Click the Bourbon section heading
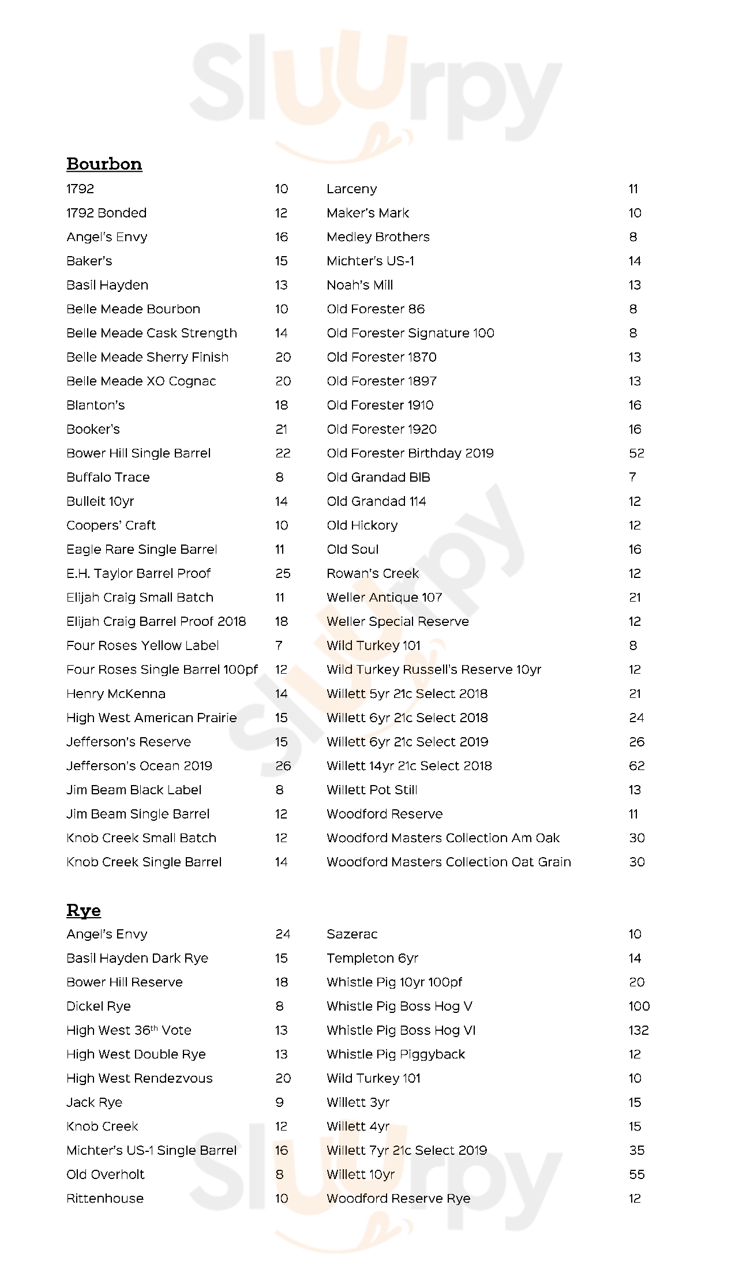click(x=104, y=164)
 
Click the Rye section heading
click(x=84, y=910)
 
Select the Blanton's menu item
click(x=95, y=405)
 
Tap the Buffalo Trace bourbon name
click(x=108, y=477)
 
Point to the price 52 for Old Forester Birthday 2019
click(x=636, y=453)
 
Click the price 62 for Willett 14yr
click(x=636, y=766)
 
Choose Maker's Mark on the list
click(x=367, y=213)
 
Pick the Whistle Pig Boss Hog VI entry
click(x=401, y=1030)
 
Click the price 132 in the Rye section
click(x=639, y=1030)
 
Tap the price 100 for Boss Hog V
click(x=639, y=1006)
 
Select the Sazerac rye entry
click(x=352, y=934)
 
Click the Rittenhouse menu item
click(x=105, y=1199)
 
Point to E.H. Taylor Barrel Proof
click(x=138, y=573)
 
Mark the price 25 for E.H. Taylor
click(x=283, y=573)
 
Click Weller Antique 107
click(x=384, y=598)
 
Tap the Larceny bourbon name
click(x=351, y=189)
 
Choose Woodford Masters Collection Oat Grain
click(x=448, y=862)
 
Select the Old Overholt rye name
click(x=105, y=1174)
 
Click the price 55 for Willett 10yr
click(x=636, y=1174)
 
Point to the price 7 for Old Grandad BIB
click(x=633, y=477)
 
